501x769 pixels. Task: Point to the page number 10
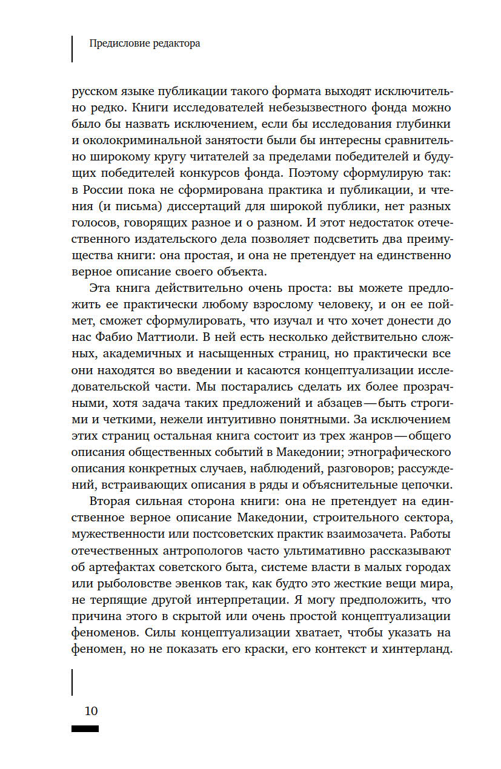click(91, 711)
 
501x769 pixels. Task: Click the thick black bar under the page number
click(85, 729)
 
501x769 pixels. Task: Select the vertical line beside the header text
click(72, 48)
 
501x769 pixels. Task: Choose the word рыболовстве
click(125, 585)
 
